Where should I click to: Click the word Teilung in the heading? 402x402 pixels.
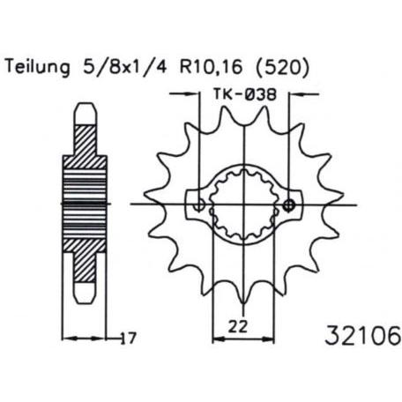(38, 68)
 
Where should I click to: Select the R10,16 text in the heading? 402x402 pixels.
(212, 67)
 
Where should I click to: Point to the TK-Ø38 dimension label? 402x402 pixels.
(244, 95)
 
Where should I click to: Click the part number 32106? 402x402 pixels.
(363, 335)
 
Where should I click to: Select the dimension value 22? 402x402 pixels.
(237, 327)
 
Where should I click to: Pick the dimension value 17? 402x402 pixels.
(128, 339)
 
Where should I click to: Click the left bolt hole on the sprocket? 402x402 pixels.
(199, 205)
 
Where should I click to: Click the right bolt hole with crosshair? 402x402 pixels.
(288, 205)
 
